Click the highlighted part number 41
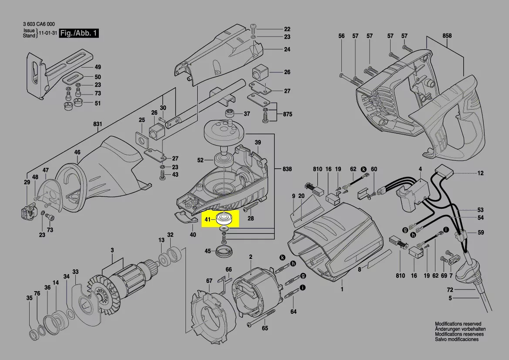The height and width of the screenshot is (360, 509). pyautogui.click(x=208, y=219)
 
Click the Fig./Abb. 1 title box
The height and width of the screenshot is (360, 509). pyautogui.click(x=80, y=33)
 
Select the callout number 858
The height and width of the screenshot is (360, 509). pyautogui.click(x=447, y=36)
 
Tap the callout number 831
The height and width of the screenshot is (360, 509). pyautogui.click(x=98, y=124)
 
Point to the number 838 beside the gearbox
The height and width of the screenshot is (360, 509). pyautogui.click(x=287, y=169)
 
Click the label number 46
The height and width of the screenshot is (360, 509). pyautogui.click(x=77, y=153)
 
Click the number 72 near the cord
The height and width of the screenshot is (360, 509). pyautogui.click(x=450, y=289)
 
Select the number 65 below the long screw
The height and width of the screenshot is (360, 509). pyautogui.click(x=265, y=329)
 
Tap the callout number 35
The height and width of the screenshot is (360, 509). pyautogui.click(x=29, y=298)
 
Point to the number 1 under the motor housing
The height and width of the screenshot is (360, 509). pyautogui.click(x=342, y=289)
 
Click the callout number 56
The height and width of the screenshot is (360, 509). pyautogui.click(x=341, y=36)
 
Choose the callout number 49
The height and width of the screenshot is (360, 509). pyautogui.click(x=98, y=67)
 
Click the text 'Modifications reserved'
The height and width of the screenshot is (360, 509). pyautogui.click(x=458, y=324)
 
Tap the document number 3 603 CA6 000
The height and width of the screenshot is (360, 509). pyautogui.click(x=39, y=24)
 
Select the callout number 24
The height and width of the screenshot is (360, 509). pyautogui.click(x=287, y=49)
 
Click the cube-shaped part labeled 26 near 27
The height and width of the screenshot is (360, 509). pyautogui.click(x=260, y=72)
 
